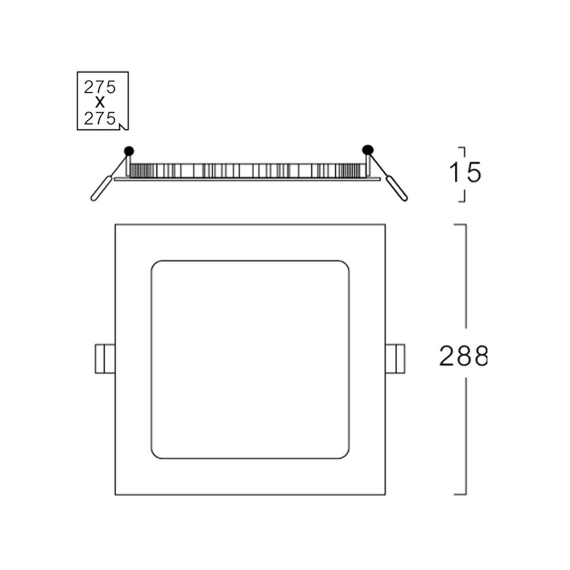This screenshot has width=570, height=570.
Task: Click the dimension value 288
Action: pyautogui.click(x=463, y=357)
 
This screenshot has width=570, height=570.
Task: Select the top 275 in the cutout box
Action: pyautogui.click(x=100, y=87)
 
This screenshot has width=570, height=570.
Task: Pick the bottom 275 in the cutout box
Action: pyautogui.click(x=100, y=119)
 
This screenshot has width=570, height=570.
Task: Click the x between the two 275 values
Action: pyautogui.click(x=100, y=103)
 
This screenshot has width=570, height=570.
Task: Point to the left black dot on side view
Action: pyautogui.click(x=129, y=150)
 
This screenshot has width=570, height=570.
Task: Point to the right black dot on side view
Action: pyautogui.click(x=368, y=149)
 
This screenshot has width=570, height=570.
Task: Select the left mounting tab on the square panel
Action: pyautogui.click(x=105, y=359)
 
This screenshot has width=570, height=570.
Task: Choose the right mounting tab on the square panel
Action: pyautogui.click(x=395, y=359)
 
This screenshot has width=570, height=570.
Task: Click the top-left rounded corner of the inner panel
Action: pyautogui.click(x=156, y=266)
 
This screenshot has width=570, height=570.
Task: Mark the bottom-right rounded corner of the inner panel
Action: pyautogui.click(x=344, y=454)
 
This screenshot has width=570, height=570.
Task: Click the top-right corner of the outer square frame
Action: pyautogui.click(x=385, y=225)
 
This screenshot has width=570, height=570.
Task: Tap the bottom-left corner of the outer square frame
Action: pyautogui.click(x=116, y=494)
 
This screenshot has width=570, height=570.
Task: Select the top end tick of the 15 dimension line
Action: pyautogui.click(x=462, y=148)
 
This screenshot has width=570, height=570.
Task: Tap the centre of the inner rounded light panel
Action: pyautogui.click(x=250, y=360)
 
